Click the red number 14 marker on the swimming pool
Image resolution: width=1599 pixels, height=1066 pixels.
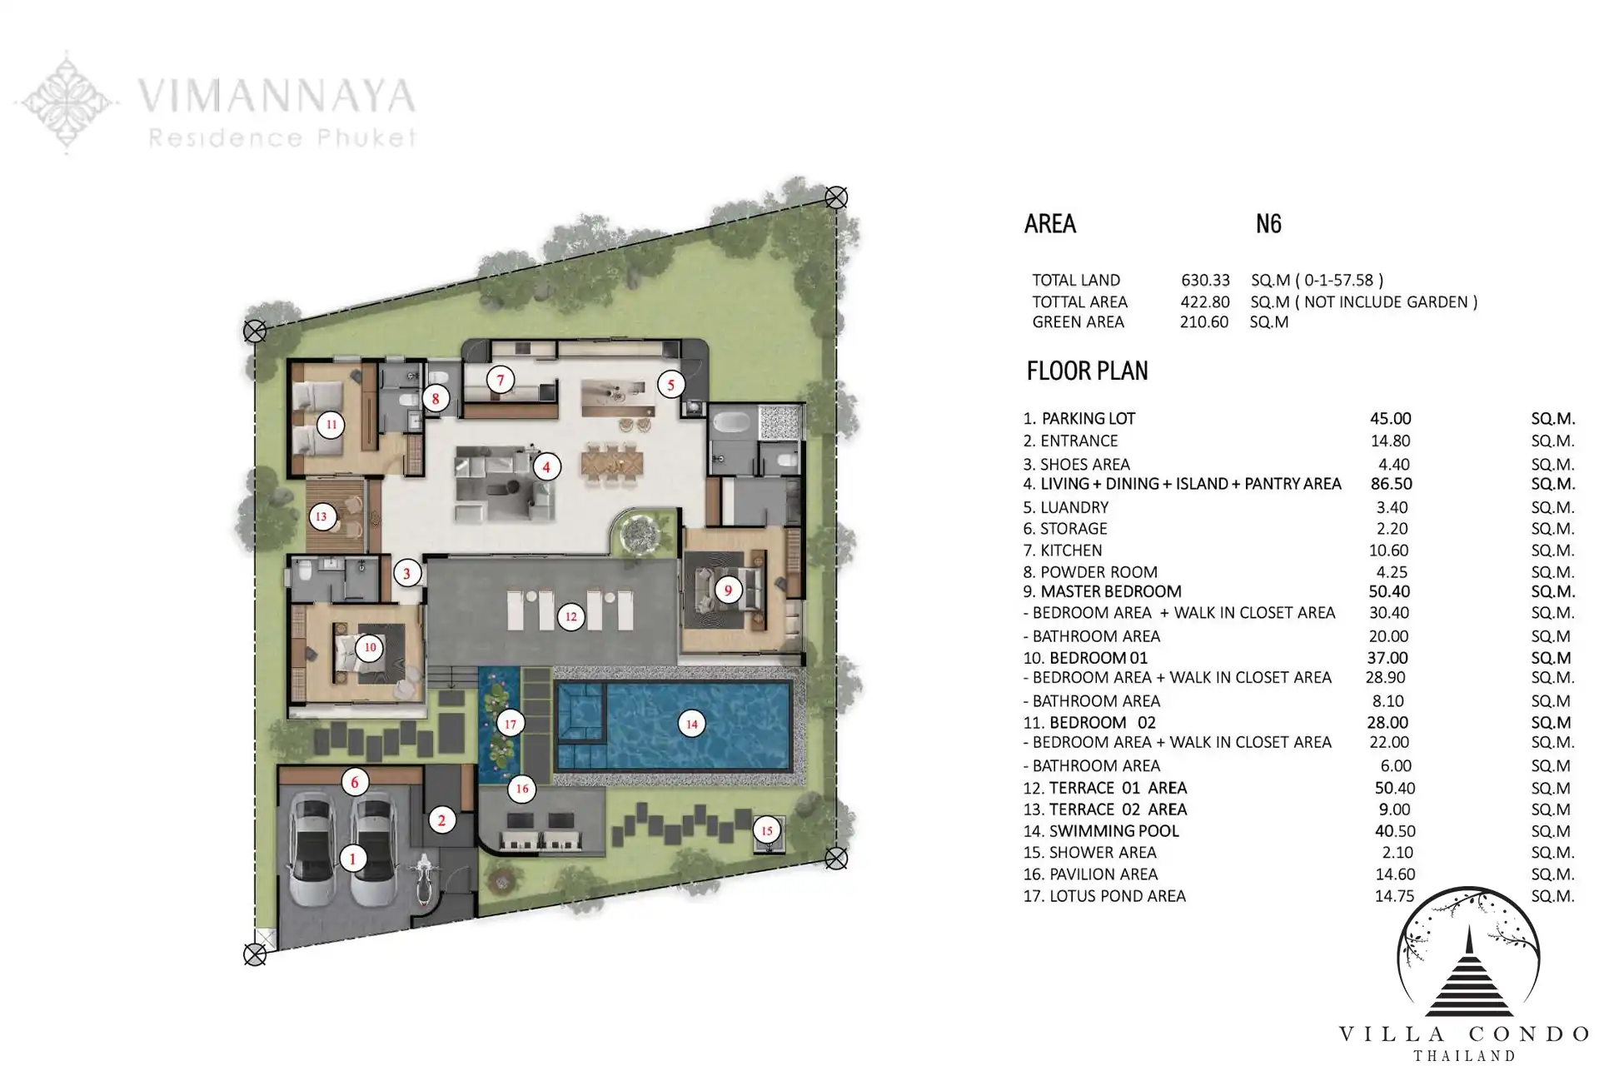tap(691, 724)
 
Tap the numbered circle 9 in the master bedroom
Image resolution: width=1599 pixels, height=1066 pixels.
tap(728, 590)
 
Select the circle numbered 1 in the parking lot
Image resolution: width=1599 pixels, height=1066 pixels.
tap(352, 858)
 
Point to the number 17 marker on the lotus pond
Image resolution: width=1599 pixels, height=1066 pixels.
tap(511, 724)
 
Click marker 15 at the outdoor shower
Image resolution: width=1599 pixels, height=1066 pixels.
tap(767, 830)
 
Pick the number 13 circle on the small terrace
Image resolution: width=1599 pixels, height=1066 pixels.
tap(321, 516)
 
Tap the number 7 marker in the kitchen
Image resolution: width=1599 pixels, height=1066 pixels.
tap(501, 381)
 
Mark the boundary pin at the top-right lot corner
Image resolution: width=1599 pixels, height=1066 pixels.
tap(836, 197)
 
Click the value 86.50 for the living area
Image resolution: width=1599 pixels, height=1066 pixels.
tap(1391, 484)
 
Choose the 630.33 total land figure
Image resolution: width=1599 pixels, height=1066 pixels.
tap(1205, 280)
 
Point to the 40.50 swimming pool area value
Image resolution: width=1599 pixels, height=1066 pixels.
tap(1395, 831)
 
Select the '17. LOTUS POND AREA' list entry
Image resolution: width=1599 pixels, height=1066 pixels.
tap(1104, 896)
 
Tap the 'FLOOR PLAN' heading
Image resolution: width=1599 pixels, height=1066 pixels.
tap(1088, 371)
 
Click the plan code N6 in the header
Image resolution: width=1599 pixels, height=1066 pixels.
tap(1268, 223)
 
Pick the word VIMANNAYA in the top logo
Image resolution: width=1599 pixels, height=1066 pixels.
tap(276, 95)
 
